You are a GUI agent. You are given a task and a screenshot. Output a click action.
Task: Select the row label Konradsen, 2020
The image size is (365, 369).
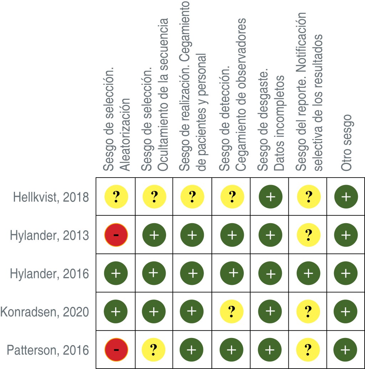click(x=45, y=312)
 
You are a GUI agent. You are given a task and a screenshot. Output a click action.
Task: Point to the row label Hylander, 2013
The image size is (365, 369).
click(x=49, y=235)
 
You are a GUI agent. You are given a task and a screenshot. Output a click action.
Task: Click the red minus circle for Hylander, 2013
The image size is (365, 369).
click(x=116, y=235)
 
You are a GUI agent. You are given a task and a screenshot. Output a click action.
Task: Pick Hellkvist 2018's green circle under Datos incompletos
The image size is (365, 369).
click(x=270, y=196)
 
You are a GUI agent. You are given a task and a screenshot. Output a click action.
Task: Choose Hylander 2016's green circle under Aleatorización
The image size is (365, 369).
click(x=116, y=273)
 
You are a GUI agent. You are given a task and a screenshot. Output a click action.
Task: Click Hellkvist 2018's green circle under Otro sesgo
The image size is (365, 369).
click(x=345, y=196)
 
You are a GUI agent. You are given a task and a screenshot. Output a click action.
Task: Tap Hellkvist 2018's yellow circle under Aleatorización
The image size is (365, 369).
click(x=116, y=196)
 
